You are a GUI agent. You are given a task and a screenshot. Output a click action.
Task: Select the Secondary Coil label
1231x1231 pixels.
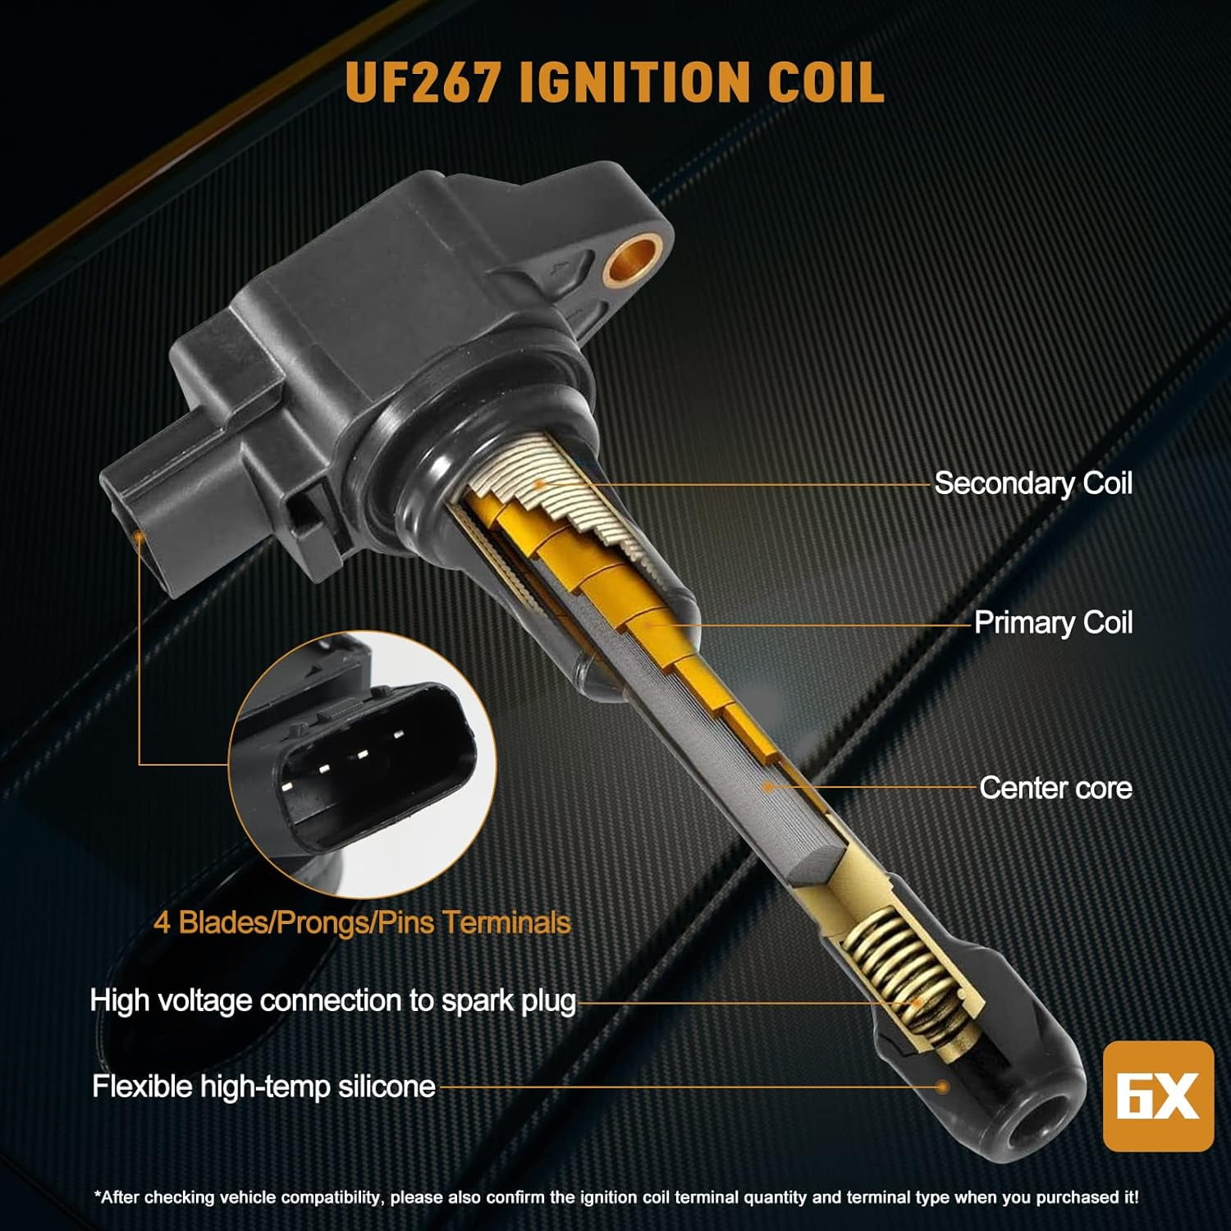(x=1033, y=483)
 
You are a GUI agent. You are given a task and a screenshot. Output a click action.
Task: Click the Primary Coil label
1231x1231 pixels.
(x=1054, y=623)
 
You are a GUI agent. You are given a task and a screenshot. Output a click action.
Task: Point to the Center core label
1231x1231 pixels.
(x=1056, y=788)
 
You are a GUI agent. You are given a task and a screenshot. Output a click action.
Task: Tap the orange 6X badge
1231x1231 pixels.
(x=1158, y=1096)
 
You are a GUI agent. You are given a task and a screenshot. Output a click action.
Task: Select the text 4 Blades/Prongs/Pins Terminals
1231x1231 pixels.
(x=362, y=922)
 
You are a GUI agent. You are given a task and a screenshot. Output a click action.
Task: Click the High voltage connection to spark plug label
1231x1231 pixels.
(x=333, y=1000)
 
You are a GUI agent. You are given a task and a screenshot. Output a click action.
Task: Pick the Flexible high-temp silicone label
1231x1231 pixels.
(x=263, y=1087)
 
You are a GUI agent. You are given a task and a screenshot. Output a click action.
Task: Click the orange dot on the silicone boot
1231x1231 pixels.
(x=943, y=1087)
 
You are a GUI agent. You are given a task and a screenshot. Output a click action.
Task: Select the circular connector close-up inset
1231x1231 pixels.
(x=362, y=764)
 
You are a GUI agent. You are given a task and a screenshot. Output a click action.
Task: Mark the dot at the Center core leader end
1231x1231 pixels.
(x=769, y=787)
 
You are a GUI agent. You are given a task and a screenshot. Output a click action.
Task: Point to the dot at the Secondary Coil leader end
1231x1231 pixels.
(x=539, y=484)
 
